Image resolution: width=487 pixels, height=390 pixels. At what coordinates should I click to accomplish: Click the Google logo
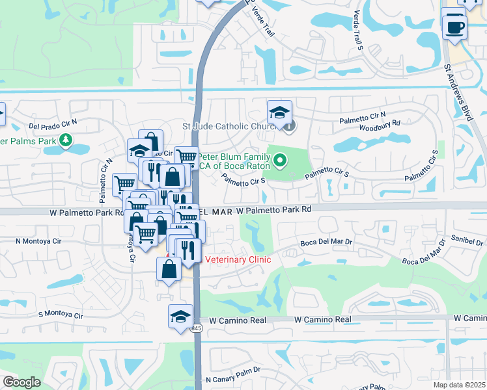tap(21, 382)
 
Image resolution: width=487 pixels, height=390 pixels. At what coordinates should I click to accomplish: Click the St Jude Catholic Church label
tap(231, 125)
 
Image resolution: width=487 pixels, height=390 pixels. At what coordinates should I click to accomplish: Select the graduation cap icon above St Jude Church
tap(279, 112)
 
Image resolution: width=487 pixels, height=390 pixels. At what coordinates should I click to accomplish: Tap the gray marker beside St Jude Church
tap(289, 127)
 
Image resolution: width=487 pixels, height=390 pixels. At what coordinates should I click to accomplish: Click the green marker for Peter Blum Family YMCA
tap(280, 159)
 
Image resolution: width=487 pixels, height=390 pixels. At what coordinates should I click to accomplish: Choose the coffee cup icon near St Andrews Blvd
tap(454, 27)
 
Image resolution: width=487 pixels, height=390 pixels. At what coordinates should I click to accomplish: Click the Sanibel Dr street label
tap(465, 240)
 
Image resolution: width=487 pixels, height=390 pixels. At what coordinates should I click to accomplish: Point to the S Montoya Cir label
tap(61, 315)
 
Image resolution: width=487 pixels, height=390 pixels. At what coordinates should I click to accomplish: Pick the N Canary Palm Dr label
tap(232, 378)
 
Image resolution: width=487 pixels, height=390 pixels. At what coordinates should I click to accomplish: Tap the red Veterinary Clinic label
tap(238, 260)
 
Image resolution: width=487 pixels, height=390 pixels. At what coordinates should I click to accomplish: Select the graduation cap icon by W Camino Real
tap(180, 316)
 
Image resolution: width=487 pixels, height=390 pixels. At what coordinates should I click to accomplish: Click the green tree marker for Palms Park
tap(65, 140)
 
